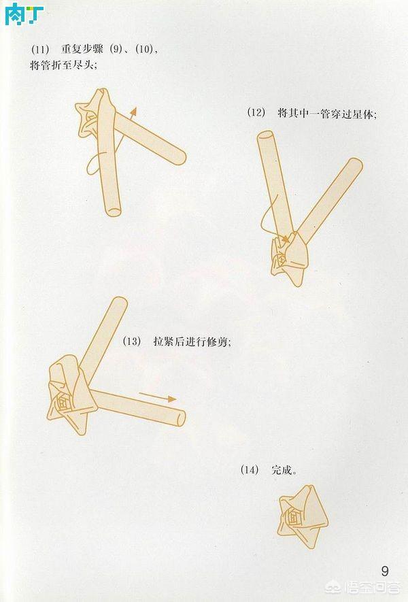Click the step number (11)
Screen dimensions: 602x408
click(41, 49)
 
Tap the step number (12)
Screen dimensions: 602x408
click(256, 114)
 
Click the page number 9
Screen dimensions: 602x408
click(385, 569)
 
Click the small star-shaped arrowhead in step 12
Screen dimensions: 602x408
click(284, 239)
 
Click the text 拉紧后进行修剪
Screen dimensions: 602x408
click(192, 342)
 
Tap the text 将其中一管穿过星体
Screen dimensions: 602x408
click(326, 114)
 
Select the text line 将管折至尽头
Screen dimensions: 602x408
click(64, 65)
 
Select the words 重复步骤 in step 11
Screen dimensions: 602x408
click(81, 49)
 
